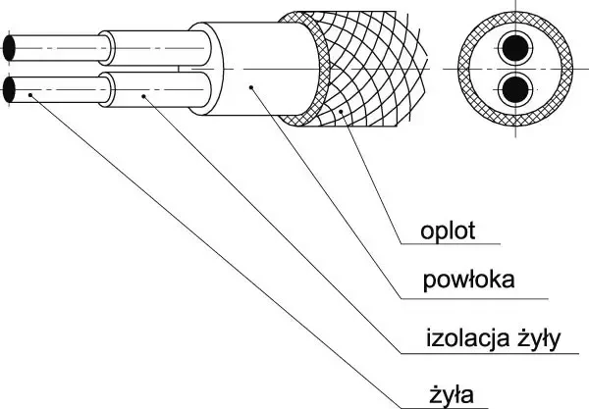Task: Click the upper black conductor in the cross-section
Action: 514,48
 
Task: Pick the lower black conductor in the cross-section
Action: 514,89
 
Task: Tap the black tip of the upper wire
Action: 10,47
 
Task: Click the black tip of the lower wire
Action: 10,91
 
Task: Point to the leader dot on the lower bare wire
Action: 29,94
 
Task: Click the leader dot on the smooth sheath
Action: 252,86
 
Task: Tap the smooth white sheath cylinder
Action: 245,59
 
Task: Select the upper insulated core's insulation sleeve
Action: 147,47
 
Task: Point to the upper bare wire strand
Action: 59,47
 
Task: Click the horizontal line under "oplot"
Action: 452,244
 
